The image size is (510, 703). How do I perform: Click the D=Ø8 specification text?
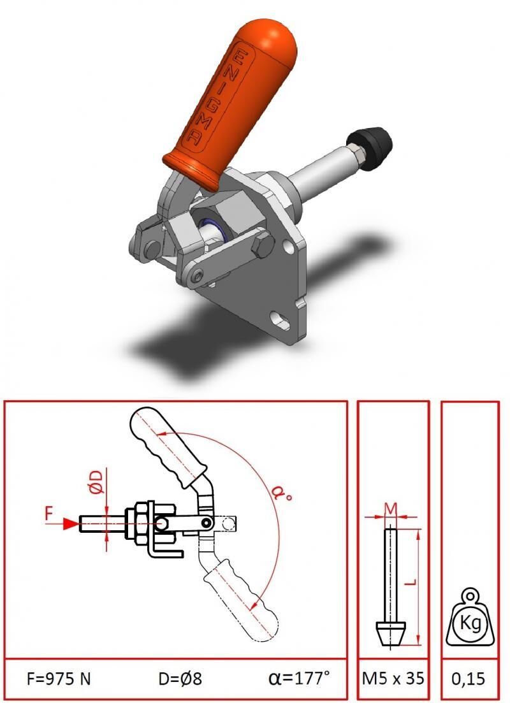coord(180,678)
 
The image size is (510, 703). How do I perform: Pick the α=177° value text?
coord(299,678)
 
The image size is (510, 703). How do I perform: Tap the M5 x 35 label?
coord(393,678)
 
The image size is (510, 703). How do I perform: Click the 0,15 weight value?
coord(469,678)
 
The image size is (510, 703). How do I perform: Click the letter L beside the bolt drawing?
coord(412,581)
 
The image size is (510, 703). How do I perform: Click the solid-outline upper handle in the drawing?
coord(166,446)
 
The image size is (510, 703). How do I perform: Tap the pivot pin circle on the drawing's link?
coord(207,523)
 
